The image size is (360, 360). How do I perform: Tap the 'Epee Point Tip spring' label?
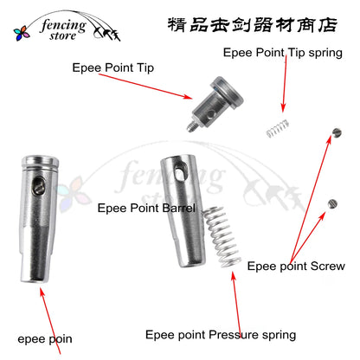click(282, 52)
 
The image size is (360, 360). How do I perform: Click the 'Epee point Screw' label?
click(296, 267)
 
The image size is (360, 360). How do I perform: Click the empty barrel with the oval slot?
click(180, 208)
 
